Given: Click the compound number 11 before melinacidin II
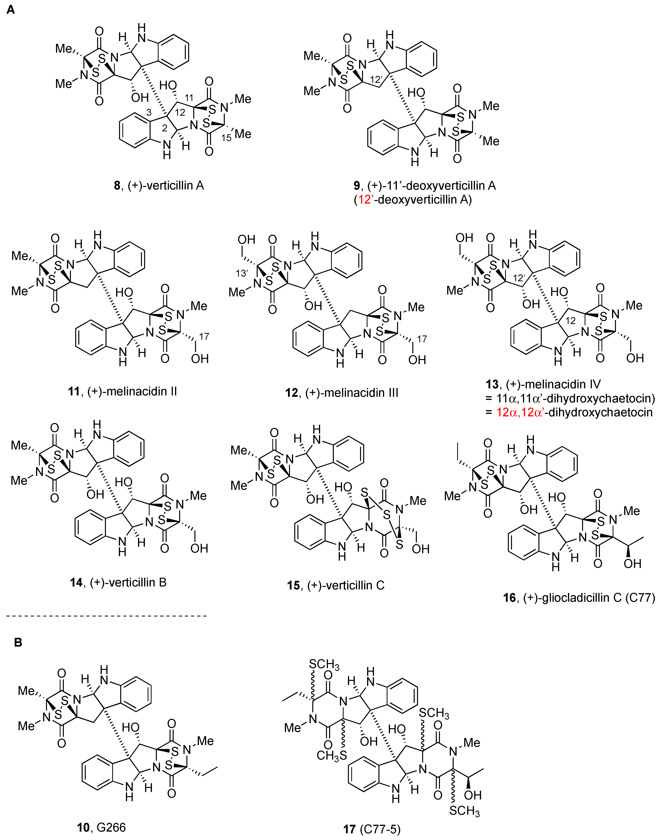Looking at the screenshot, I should point(73,391).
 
